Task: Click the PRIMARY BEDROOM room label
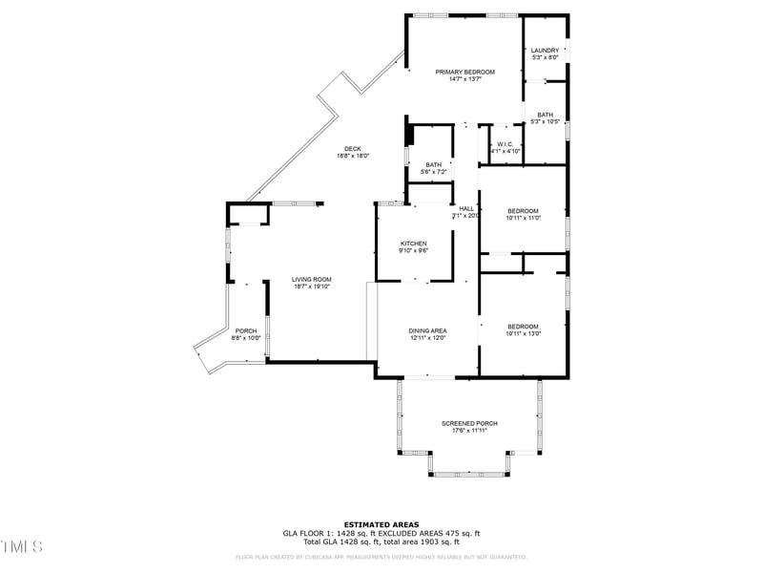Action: coord(465,72)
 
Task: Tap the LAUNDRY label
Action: coord(546,51)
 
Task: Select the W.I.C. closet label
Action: coord(505,144)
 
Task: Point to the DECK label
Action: coord(353,148)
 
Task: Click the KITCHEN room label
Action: coord(413,244)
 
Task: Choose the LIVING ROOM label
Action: coord(311,279)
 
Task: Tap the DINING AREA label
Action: coord(428,330)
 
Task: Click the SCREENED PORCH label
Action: coord(469,423)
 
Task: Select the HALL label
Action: coord(466,208)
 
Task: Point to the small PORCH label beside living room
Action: coord(246,330)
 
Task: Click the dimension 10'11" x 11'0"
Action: coord(523,218)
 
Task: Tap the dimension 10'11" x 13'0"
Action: coord(523,333)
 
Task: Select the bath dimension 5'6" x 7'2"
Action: coord(434,172)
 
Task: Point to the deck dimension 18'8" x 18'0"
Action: coord(353,156)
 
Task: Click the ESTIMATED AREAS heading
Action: coord(381,524)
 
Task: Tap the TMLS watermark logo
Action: coord(22,547)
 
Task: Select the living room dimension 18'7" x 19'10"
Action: coord(311,286)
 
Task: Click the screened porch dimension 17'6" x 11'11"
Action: coord(469,431)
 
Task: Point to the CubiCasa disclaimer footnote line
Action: coord(381,557)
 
